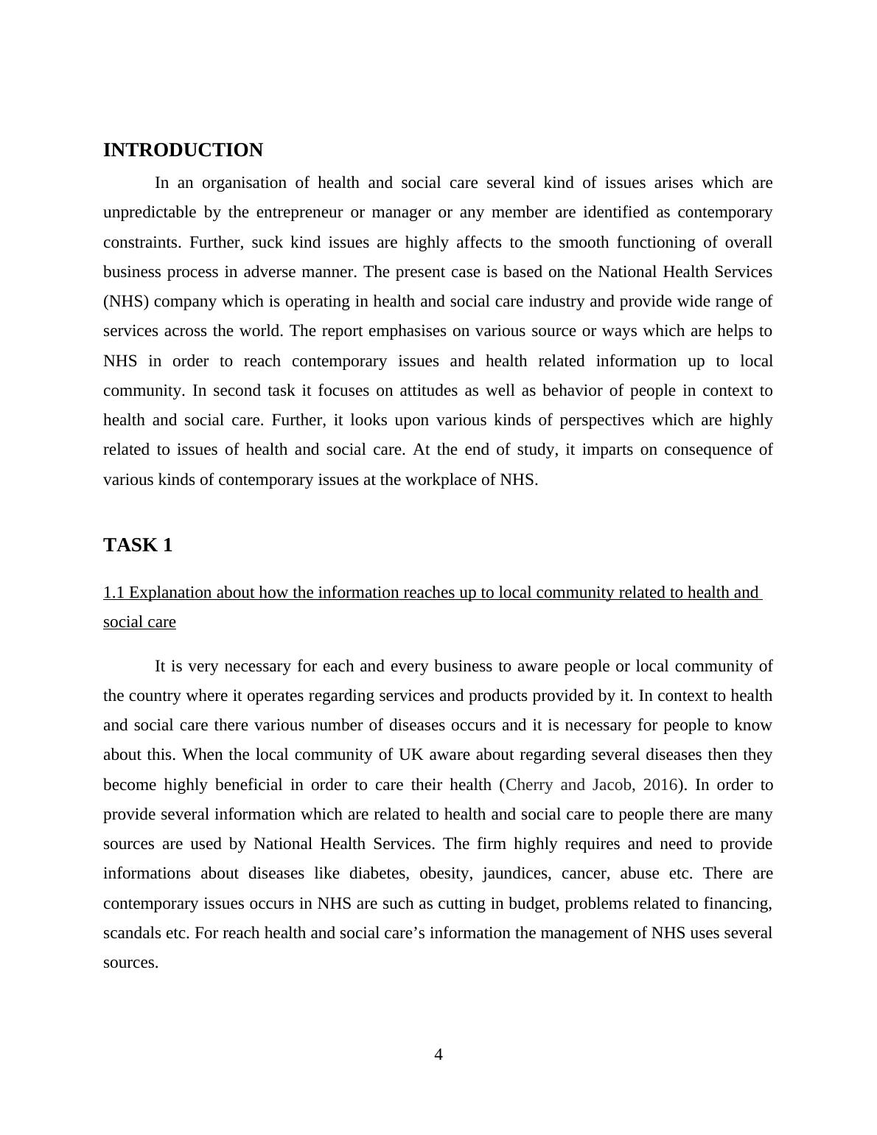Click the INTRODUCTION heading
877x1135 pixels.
pos(183,150)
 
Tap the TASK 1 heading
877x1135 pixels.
pos(138,545)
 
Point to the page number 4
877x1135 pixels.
pos(438,1055)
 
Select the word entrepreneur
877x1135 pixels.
pos(299,212)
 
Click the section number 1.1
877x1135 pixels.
pos(113,593)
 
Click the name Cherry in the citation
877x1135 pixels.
pos(529,785)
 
